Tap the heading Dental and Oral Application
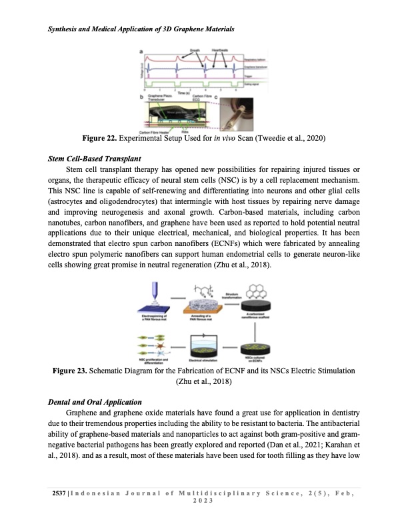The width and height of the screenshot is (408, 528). [94, 403]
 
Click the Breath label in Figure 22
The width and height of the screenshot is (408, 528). [195, 50]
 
